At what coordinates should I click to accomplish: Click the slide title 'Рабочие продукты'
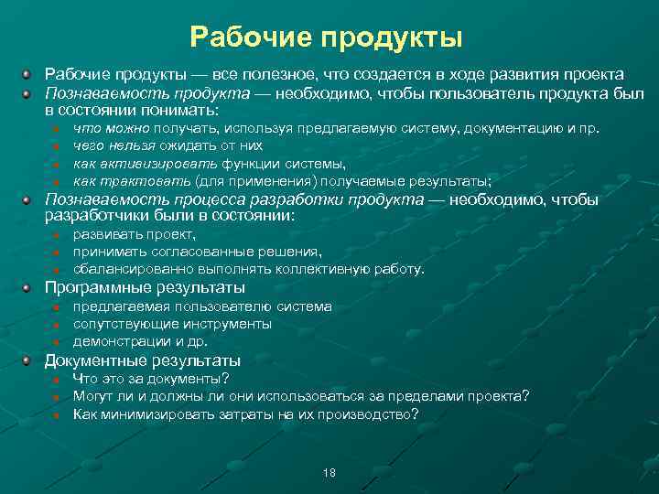pos(329,38)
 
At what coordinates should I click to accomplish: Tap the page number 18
pos(329,473)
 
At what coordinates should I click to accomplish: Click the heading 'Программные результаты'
pos(145,287)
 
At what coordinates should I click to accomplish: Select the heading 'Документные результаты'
pos(142,360)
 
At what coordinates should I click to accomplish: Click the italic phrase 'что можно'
pos(111,128)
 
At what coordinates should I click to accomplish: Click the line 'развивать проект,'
pos(127,234)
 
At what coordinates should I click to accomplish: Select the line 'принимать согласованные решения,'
pos(197,252)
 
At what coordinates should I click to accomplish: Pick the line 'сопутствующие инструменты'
pos(172,324)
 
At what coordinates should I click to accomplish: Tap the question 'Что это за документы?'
pos(151,378)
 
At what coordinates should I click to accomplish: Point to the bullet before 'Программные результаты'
pos(28,287)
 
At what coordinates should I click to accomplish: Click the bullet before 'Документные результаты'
pos(28,360)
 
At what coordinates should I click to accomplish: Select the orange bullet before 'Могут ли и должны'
pos(56,396)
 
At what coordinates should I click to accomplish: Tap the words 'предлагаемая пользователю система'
pos(202,306)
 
